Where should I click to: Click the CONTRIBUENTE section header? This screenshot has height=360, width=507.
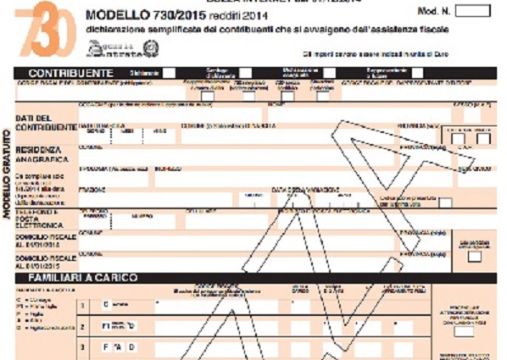click(x=70, y=74)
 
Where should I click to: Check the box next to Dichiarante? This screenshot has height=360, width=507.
click(x=170, y=73)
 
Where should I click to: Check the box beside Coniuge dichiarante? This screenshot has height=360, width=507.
click(x=245, y=74)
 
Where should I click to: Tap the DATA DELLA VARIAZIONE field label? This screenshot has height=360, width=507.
click(x=299, y=190)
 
